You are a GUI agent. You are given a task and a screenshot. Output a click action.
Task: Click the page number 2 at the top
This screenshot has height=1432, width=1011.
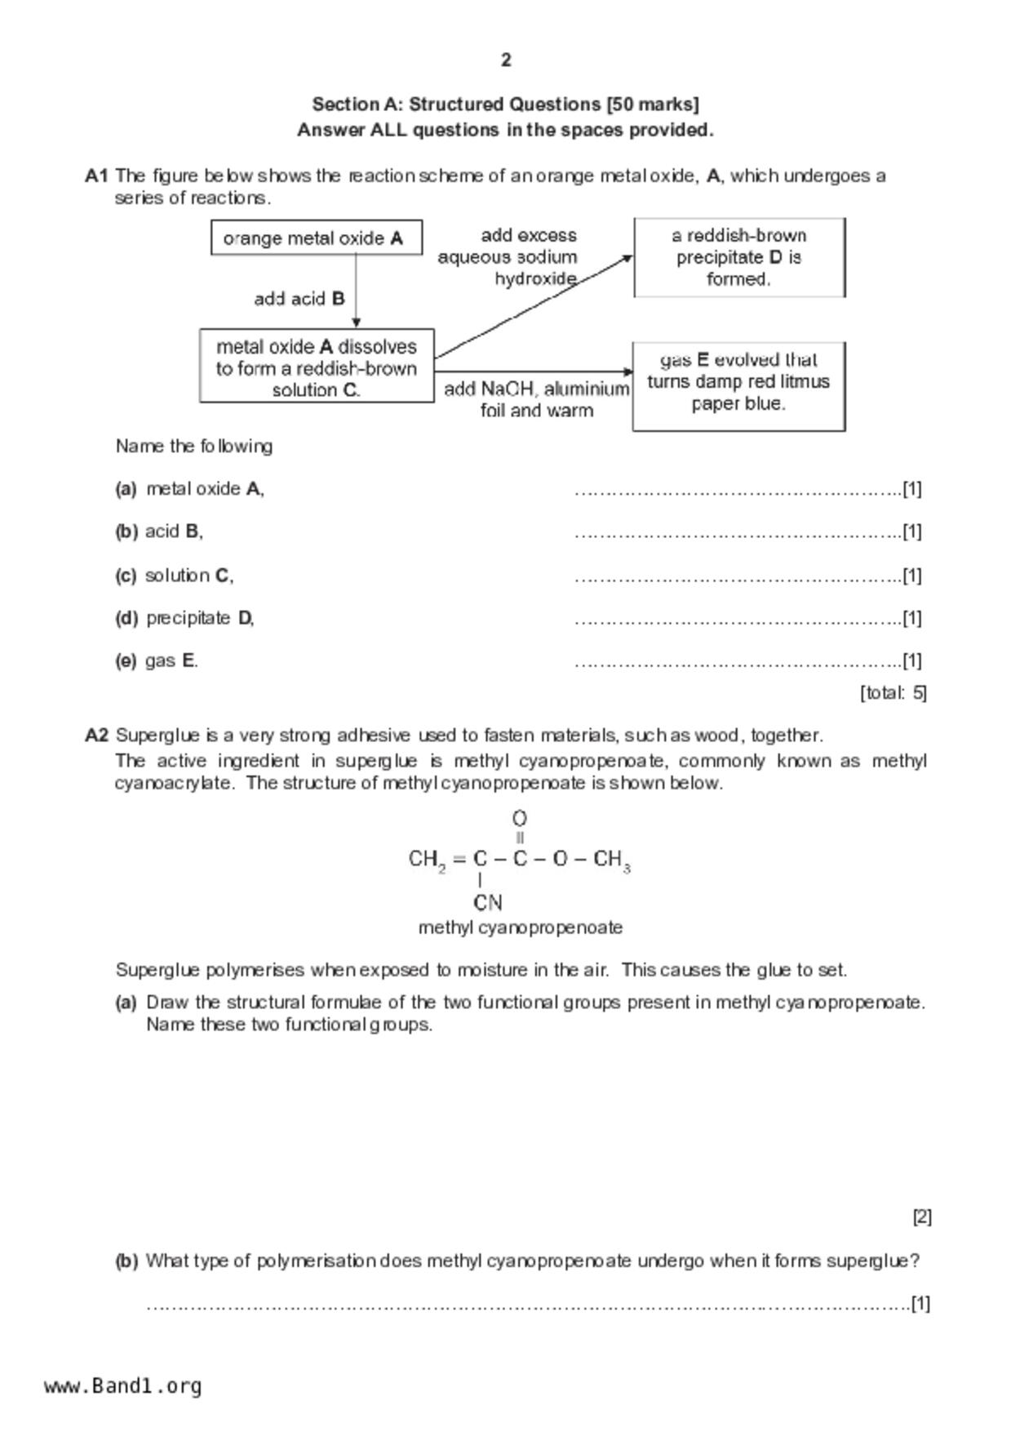tap(506, 60)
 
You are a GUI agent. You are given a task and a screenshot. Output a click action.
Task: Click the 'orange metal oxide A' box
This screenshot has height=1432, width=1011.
tap(317, 238)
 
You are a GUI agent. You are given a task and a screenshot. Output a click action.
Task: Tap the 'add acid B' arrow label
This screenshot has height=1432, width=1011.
tap(299, 299)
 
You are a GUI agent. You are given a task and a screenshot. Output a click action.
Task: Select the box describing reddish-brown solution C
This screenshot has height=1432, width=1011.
tap(317, 367)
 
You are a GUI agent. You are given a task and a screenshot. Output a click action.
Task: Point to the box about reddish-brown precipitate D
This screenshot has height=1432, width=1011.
tap(739, 257)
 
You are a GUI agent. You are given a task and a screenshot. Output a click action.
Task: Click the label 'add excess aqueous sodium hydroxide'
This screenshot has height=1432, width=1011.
tap(509, 257)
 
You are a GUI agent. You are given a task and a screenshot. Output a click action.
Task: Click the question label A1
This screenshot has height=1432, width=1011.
tap(96, 176)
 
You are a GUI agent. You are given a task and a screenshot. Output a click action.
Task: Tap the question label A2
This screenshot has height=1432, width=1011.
tap(96, 735)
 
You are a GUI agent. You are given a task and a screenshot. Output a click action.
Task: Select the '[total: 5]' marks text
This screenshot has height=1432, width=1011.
tap(893, 693)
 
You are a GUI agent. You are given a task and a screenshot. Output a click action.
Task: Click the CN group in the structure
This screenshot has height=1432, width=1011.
tap(487, 903)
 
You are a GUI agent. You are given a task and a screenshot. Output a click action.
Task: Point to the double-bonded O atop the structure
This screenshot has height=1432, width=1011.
tap(520, 818)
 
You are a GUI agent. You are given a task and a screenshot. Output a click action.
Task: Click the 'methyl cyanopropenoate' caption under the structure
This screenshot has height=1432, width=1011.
tap(520, 927)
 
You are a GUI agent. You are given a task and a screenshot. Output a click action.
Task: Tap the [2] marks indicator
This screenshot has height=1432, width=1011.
tap(921, 1216)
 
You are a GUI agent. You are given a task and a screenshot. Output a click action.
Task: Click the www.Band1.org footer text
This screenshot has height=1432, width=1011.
tap(122, 1386)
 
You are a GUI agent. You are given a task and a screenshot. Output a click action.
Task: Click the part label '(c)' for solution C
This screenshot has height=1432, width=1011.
tap(126, 576)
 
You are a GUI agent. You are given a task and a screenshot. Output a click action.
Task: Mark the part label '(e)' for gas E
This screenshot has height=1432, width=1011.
tap(126, 660)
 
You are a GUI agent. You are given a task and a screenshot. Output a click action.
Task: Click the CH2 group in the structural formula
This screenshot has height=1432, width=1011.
tap(427, 860)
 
